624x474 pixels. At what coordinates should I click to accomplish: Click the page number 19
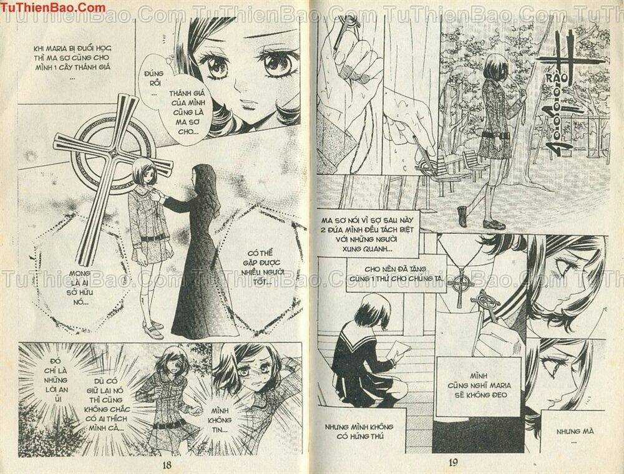click(x=454, y=463)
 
